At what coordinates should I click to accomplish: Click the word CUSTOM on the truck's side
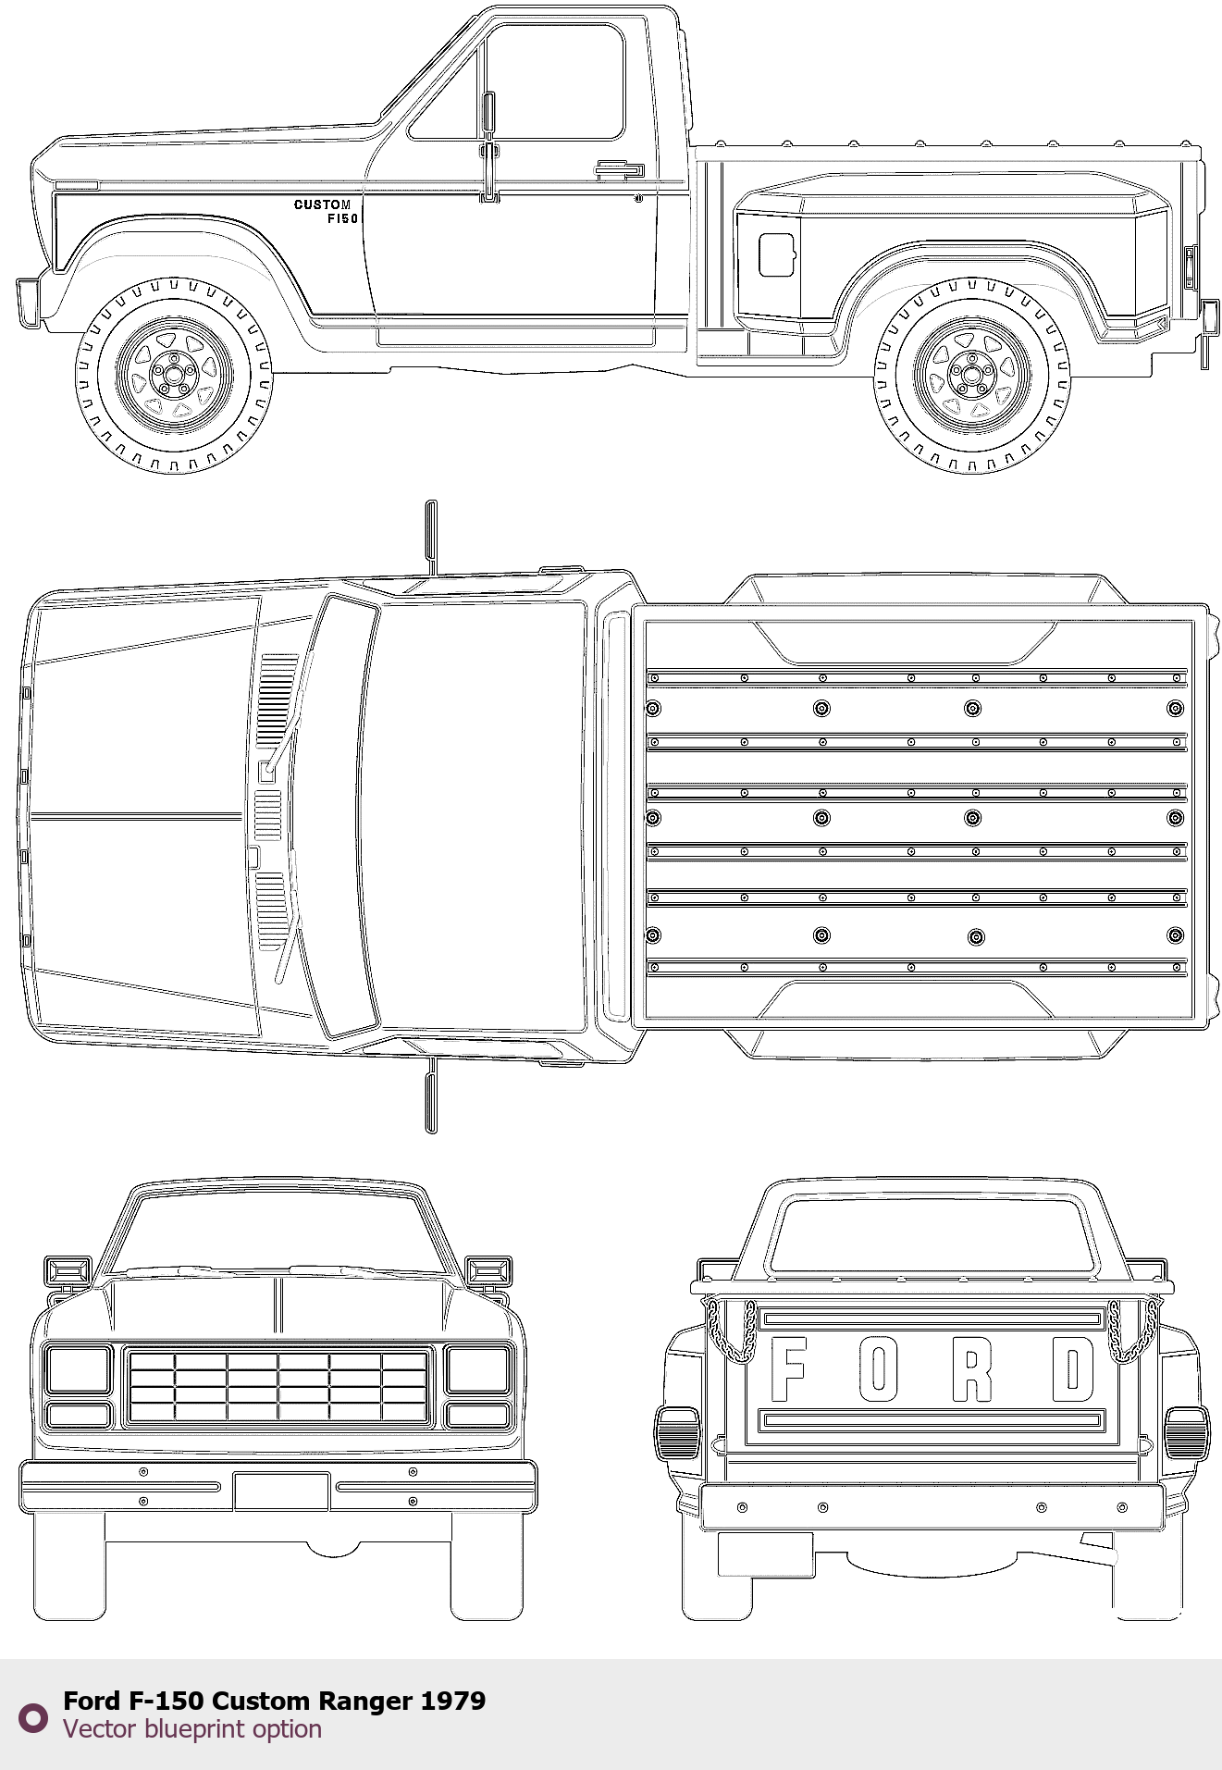click(x=322, y=204)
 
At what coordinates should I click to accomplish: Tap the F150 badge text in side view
click(x=342, y=219)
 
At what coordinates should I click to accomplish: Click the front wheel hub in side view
click(x=173, y=375)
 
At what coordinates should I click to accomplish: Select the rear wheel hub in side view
click(x=970, y=375)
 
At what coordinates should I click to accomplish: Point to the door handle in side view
click(x=619, y=169)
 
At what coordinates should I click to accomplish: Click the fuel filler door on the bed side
click(x=777, y=254)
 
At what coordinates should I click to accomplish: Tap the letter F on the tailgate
click(x=788, y=1369)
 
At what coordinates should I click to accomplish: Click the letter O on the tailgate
click(x=879, y=1369)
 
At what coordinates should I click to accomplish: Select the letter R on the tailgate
click(x=972, y=1369)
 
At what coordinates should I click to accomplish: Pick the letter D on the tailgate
click(x=1073, y=1369)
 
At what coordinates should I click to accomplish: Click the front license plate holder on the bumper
click(x=281, y=1491)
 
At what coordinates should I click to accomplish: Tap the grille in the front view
click(x=278, y=1386)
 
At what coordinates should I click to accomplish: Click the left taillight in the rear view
click(x=678, y=1433)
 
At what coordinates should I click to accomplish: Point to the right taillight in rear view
click(x=1186, y=1433)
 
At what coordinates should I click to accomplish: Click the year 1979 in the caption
click(x=453, y=1701)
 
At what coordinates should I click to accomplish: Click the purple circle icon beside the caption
click(x=33, y=1718)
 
